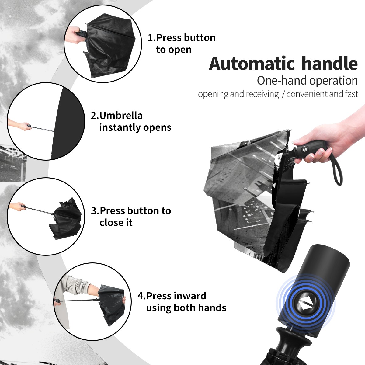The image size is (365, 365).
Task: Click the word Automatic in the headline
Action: pyautogui.click(x=252, y=64)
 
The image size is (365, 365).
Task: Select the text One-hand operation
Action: pyautogui.click(x=307, y=81)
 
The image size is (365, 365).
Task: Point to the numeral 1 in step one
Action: pyautogui.click(x=150, y=38)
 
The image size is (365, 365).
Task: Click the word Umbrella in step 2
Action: pyautogui.click(x=121, y=116)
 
